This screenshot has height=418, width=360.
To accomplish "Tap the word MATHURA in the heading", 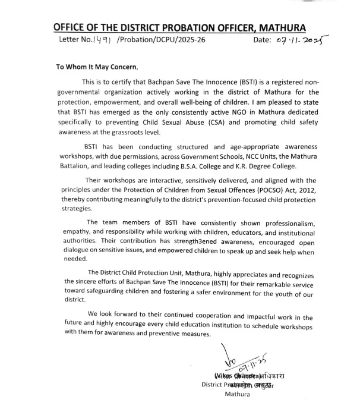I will pos(282,27).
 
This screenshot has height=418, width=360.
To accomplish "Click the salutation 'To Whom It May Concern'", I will pos(96,67).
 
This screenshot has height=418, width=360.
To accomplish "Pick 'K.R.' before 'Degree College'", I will pos(261,167).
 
